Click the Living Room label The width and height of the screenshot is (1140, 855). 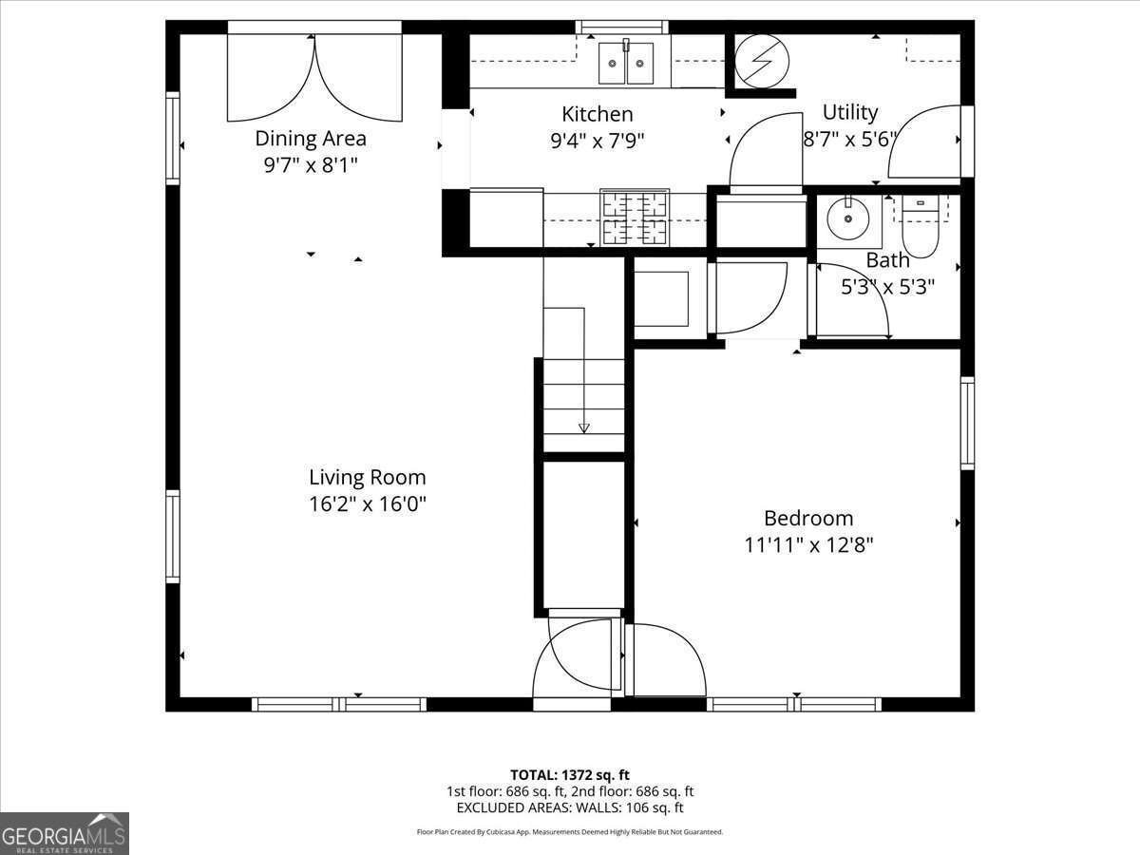tap(367, 477)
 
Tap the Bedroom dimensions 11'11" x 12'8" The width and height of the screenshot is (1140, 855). tap(808, 545)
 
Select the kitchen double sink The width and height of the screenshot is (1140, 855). tap(626, 63)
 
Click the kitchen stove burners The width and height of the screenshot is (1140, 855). tap(634, 218)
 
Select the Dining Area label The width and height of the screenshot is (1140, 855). tap(310, 138)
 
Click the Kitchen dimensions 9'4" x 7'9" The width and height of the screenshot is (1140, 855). tap(598, 141)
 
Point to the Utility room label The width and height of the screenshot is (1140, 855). tap(849, 112)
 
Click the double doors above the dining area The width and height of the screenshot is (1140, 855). tap(314, 76)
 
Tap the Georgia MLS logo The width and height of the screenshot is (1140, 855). tap(64, 833)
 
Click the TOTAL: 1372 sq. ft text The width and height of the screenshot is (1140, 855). tap(570, 774)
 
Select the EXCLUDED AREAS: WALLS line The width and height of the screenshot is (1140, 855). tap(570, 807)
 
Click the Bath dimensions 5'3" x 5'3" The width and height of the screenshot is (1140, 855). tap(887, 286)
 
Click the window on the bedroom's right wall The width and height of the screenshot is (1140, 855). tap(967, 423)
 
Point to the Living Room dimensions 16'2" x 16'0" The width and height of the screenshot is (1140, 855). tap(367, 503)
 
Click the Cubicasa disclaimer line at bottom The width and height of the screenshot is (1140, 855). tap(570, 831)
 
